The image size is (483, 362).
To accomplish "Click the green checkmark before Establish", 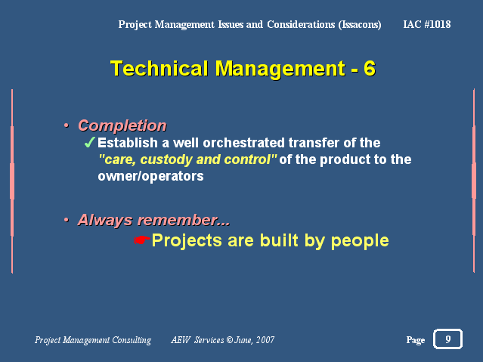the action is (x=89, y=143).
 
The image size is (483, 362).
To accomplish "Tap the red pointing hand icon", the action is (x=141, y=240).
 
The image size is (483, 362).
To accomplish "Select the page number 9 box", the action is (x=447, y=339).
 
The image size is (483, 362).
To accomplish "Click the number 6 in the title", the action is (x=370, y=68).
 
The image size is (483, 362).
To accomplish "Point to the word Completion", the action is (x=122, y=125).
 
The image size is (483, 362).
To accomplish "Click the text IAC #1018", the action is (x=427, y=24).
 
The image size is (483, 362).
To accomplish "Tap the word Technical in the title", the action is (x=159, y=68).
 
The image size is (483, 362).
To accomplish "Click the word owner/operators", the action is (x=150, y=176).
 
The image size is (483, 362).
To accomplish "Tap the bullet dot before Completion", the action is (x=67, y=125).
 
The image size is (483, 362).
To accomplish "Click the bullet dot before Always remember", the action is (x=67, y=220).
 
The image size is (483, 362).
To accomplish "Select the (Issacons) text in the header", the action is (x=360, y=25).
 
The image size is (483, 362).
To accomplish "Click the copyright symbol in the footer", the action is (x=230, y=340).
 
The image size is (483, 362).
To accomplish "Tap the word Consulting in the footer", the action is (x=132, y=340).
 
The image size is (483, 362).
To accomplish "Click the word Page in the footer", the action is (x=416, y=340).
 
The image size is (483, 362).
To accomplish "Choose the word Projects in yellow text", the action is (x=187, y=240).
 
